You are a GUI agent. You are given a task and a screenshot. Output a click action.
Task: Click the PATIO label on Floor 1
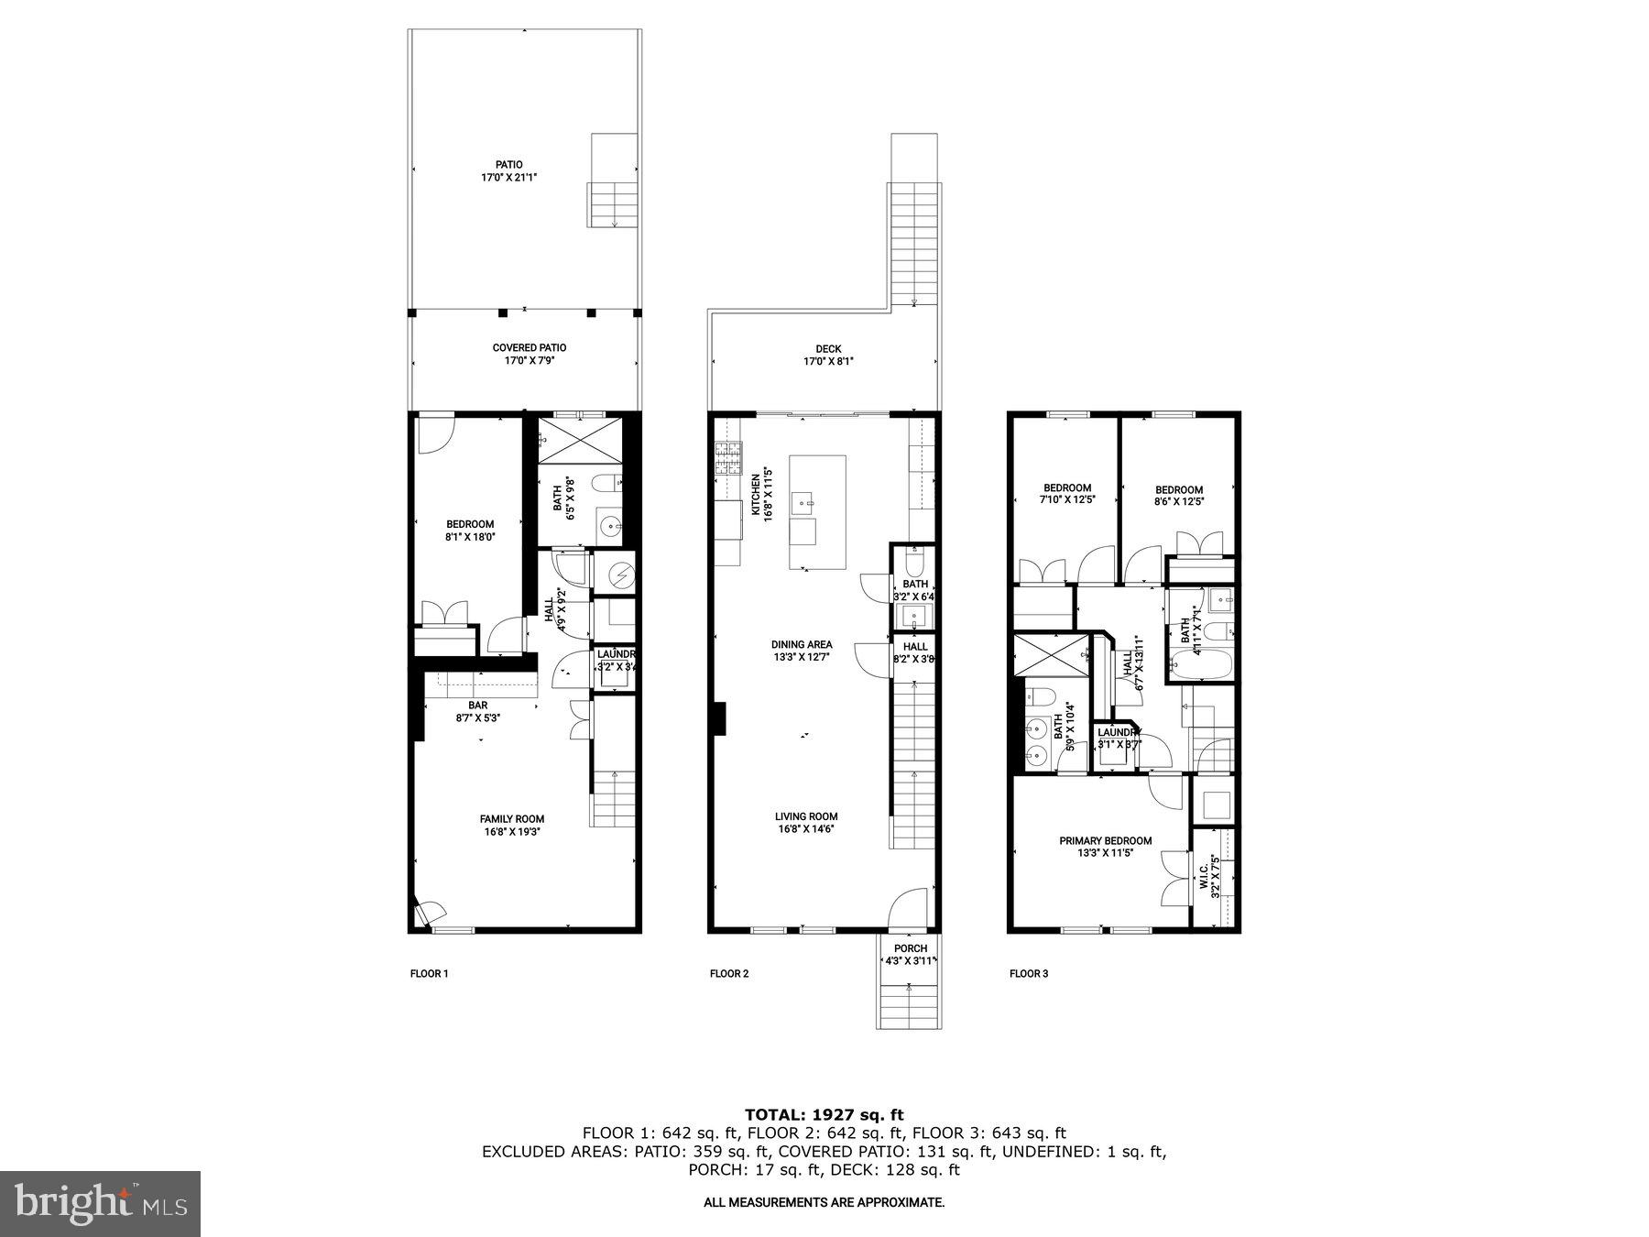coord(508,165)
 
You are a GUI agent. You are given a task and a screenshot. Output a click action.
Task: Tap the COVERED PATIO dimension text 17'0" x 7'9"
coord(529,361)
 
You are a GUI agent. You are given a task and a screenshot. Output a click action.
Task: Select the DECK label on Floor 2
coord(828,349)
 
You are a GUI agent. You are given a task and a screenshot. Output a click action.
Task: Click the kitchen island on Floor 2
coord(817,512)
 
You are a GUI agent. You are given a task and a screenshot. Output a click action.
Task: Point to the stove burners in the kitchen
coord(728,458)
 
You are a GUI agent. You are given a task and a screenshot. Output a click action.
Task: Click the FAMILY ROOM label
coord(511,819)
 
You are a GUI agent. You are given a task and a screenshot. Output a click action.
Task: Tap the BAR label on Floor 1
coord(477,706)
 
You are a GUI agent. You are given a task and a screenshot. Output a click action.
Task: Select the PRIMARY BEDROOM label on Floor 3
coord(1105,841)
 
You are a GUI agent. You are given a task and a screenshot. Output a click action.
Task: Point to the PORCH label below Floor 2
coord(910,948)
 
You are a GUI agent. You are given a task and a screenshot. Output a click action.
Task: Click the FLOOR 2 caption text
coord(729,974)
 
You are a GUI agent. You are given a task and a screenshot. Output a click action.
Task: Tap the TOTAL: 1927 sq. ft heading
coord(824,1115)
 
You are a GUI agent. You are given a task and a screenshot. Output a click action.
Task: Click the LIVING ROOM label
coord(805,816)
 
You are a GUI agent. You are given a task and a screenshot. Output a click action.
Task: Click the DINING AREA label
coord(801,645)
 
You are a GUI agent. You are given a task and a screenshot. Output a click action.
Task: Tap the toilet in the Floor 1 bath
coord(606,483)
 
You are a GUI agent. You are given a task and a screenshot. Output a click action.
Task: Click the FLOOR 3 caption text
coord(1028,974)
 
